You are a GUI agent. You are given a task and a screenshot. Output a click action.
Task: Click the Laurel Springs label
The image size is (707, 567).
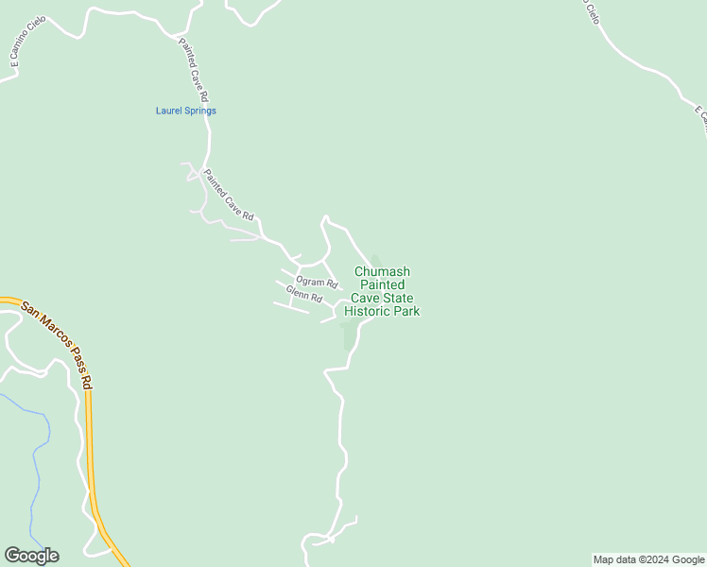(185, 111)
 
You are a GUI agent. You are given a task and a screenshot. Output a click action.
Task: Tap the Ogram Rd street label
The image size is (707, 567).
(317, 282)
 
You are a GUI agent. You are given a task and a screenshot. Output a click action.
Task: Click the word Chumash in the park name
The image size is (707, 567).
(382, 271)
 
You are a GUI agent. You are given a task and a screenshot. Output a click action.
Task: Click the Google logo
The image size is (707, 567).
(31, 556)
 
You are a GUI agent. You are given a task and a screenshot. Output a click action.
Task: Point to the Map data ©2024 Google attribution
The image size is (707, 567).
(648, 559)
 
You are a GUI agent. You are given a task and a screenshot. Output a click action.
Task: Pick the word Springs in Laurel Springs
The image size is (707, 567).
(200, 111)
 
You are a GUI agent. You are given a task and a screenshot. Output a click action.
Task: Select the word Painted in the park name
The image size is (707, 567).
(380, 284)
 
